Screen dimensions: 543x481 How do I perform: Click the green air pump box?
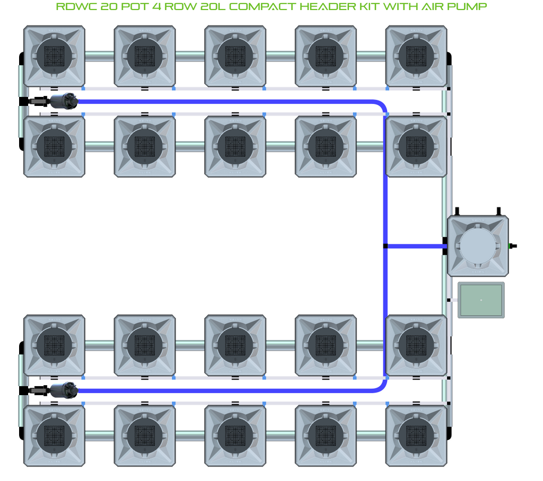[481, 300]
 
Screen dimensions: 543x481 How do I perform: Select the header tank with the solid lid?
[478, 246]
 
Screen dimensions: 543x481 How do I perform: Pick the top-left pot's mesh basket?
[54, 56]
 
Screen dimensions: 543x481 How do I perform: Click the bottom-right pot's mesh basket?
[416, 435]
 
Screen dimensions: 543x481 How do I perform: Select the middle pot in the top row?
[235, 56]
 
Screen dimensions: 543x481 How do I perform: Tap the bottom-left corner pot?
[54, 435]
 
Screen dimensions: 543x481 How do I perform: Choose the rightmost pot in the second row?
[416, 146]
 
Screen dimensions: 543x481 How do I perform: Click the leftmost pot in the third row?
[54, 345]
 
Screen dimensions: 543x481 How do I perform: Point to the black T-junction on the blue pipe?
[385, 246]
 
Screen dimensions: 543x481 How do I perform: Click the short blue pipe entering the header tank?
[416, 246]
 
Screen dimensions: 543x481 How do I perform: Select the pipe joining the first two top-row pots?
[99, 56]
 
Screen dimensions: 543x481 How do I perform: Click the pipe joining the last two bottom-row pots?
[371, 435]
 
